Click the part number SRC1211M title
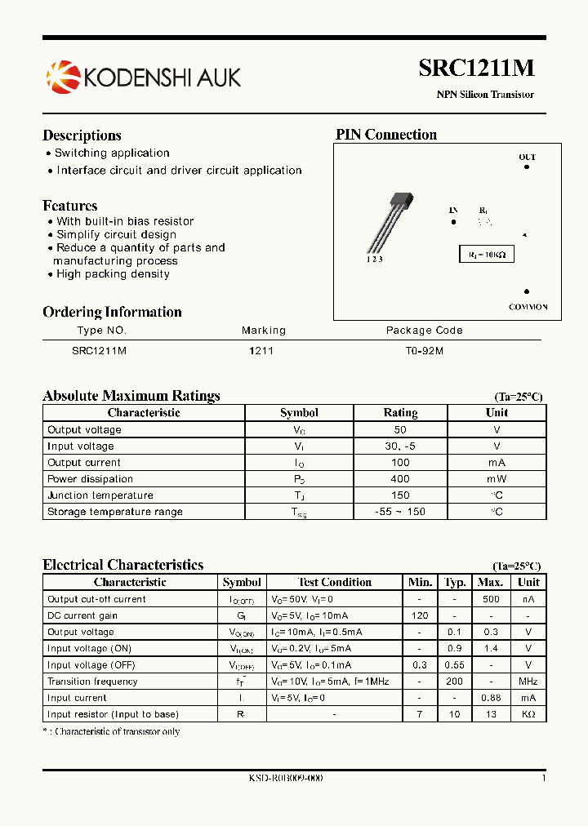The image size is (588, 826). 476,69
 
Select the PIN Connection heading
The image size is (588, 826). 386,135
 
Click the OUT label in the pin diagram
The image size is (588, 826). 527,157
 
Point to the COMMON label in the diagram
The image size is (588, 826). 528,307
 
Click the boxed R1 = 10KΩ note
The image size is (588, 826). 487,255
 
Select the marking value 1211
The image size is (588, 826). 261,350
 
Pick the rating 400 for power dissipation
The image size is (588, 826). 400,479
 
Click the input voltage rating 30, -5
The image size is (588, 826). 400,446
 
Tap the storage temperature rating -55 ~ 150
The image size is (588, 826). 400,512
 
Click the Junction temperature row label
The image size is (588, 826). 100,495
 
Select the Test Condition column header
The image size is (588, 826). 335,582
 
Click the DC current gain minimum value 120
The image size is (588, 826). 420,615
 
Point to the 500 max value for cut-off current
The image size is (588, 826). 490,599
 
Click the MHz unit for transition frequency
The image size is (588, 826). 528,682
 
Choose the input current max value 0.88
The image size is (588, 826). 490,698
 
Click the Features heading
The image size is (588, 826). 70,206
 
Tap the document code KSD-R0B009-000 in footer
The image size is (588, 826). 286,779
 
